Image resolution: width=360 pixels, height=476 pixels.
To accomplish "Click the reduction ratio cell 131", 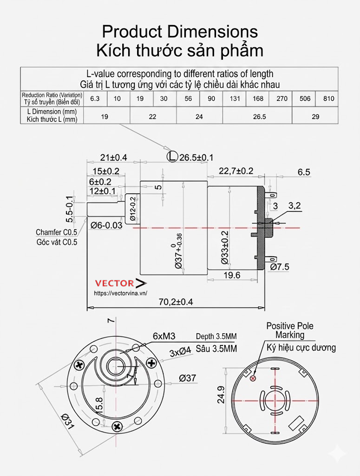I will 235,99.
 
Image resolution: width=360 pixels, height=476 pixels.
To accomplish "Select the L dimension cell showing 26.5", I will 259,117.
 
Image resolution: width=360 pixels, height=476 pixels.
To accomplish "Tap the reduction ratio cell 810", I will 329,99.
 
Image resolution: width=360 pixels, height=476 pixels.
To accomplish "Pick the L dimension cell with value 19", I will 105,117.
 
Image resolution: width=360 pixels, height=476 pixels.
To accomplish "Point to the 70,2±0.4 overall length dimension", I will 176,302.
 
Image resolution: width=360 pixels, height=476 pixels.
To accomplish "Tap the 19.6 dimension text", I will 231,275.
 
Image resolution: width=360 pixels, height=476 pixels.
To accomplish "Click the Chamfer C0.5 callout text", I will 56,232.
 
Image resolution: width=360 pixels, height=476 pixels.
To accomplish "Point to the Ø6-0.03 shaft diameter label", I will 106,225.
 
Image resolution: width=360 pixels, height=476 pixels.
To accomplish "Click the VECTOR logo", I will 120,283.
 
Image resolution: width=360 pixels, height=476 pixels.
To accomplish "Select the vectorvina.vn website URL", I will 120,293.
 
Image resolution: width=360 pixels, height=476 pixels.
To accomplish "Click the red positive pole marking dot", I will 253,378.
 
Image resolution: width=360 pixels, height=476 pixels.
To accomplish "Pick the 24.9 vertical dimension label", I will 221,395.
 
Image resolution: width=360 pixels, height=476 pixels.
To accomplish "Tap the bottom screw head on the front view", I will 117,425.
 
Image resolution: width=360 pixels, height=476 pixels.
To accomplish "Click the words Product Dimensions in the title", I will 180,32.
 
